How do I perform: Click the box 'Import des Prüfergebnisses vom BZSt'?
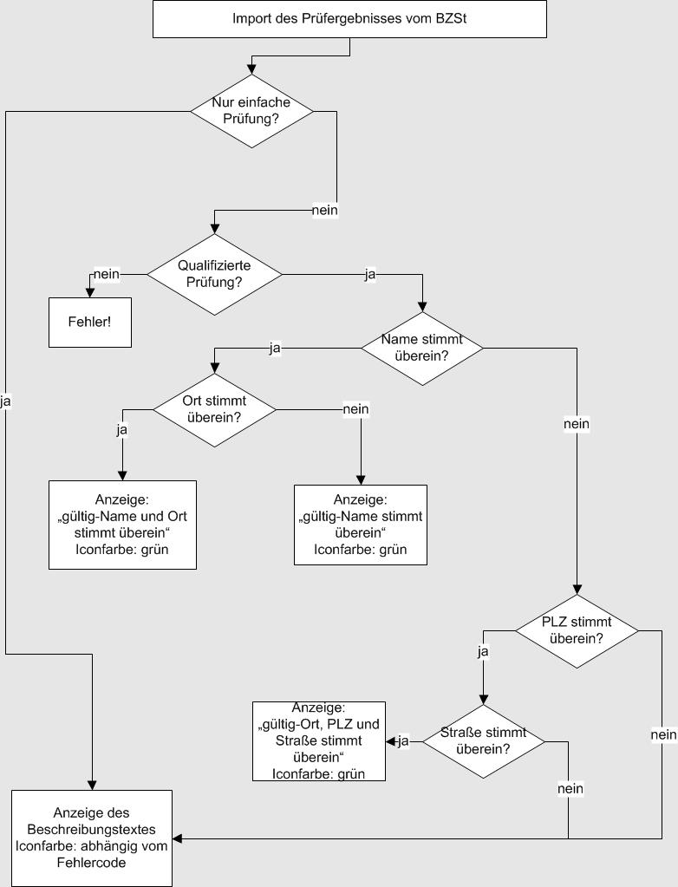[349, 19]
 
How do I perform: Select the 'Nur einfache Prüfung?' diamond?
[251, 110]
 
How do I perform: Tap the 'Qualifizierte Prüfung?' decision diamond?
[214, 274]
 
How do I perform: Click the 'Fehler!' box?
[89, 322]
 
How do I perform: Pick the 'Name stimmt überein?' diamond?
[421, 348]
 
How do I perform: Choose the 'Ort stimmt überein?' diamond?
[214, 408]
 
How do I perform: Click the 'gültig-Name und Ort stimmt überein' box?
[122, 524]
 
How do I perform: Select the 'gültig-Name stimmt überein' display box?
[361, 524]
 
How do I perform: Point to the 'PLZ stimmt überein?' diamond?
[577, 630]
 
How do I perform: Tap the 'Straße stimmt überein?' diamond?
[483, 741]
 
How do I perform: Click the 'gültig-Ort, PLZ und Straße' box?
[319, 741]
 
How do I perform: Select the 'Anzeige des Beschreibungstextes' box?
[92, 838]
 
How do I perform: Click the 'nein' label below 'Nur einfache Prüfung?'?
[325, 211]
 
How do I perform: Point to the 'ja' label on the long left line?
[6, 401]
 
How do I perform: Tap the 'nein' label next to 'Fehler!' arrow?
[106, 275]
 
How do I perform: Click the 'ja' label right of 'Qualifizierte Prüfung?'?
[370, 275]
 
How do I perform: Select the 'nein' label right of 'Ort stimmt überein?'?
[356, 409]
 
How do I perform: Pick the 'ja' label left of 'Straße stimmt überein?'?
[403, 741]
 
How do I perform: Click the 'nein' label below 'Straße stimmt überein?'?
[570, 789]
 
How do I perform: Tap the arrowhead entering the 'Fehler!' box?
[89, 293]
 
